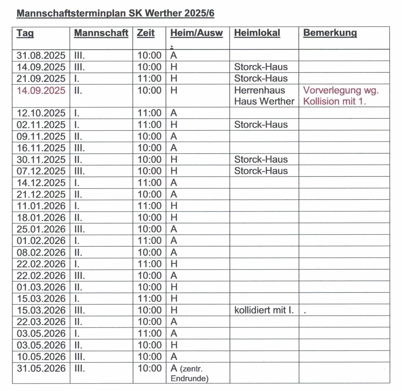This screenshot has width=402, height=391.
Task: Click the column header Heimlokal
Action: [x=257, y=33]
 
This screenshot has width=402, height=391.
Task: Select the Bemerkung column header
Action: [x=330, y=33]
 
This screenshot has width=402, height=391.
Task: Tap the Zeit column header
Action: [x=145, y=33]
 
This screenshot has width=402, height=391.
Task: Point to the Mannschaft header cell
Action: [x=101, y=33]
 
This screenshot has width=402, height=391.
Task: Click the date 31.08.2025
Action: [x=41, y=55]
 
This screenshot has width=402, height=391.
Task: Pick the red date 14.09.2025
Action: [x=41, y=90]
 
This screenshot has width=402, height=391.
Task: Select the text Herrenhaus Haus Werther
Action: [x=264, y=96]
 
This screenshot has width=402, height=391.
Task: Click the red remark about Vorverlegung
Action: [x=341, y=96]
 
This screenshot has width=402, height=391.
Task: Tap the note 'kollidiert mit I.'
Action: [x=264, y=310]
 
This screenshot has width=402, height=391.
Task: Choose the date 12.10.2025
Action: [x=41, y=113]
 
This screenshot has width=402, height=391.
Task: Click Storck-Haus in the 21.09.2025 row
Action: [x=261, y=78]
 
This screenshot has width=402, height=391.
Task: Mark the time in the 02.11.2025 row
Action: [x=149, y=125]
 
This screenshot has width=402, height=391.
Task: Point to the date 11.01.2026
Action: [x=41, y=206]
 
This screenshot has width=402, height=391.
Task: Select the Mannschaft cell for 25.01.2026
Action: [x=80, y=229]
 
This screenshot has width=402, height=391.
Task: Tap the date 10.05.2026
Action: [x=41, y=357]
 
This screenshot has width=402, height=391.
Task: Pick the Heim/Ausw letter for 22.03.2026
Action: [x=174, y=322]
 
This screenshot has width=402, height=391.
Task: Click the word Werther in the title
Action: [x=163, y=13]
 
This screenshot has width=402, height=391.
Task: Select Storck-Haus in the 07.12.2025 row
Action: [x=261, y=171]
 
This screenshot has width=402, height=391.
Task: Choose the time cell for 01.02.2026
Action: [x=149, y=241]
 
